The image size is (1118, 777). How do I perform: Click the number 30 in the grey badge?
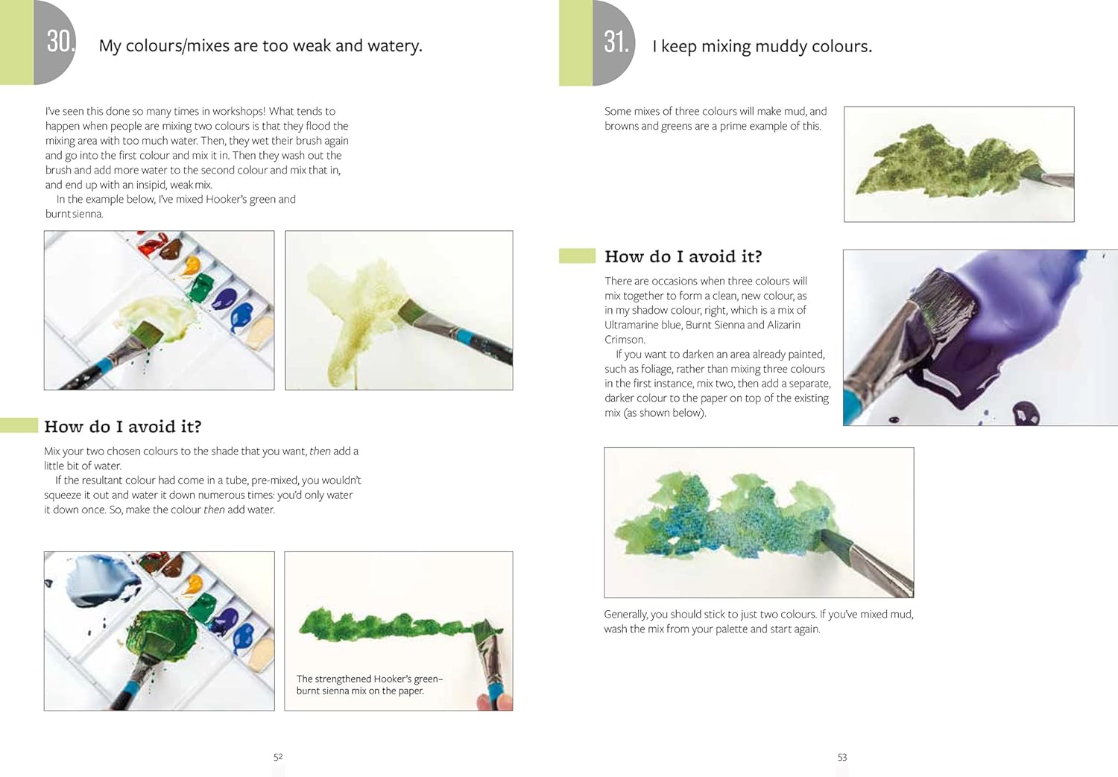(x=60, y=42)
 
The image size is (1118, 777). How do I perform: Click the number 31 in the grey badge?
(x=616, y=42)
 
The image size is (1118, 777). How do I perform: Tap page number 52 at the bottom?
(x=278, y=757)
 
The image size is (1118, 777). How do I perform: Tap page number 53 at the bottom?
(x=842, y=757)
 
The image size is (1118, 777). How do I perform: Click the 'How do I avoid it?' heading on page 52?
(x=123, y=427)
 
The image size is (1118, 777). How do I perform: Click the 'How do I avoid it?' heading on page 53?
(x=683, y=257)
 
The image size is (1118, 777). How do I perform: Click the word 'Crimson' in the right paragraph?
(x=625, y=340)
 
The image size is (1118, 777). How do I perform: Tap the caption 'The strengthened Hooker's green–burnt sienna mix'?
(x=369, y=685)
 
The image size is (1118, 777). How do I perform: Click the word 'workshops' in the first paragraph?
(x=239, y=112)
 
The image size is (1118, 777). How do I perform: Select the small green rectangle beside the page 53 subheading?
(x=577, y=256)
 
